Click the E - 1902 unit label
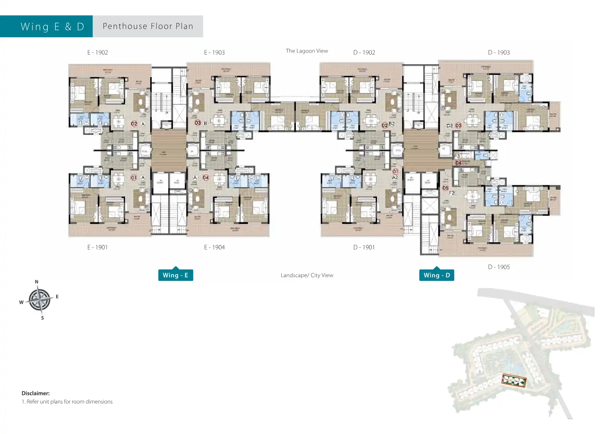pos(97,53)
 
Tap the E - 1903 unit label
pos(214,53)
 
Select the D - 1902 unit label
pos(364,53)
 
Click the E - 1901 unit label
pos(97,247)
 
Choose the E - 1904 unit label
pos(214,247)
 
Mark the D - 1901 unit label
pos(364,247)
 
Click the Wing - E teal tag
pos(175,275)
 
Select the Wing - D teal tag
pos(437,275)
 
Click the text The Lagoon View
pos(307,51)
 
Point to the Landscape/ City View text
pos(307,275)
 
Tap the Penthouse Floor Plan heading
pos(148,26)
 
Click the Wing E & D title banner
pos(52,27)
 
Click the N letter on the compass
pos(36,282)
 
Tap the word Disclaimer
pos(35,393)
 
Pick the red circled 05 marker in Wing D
pos(445,188)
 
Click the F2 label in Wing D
pos(452,193)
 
